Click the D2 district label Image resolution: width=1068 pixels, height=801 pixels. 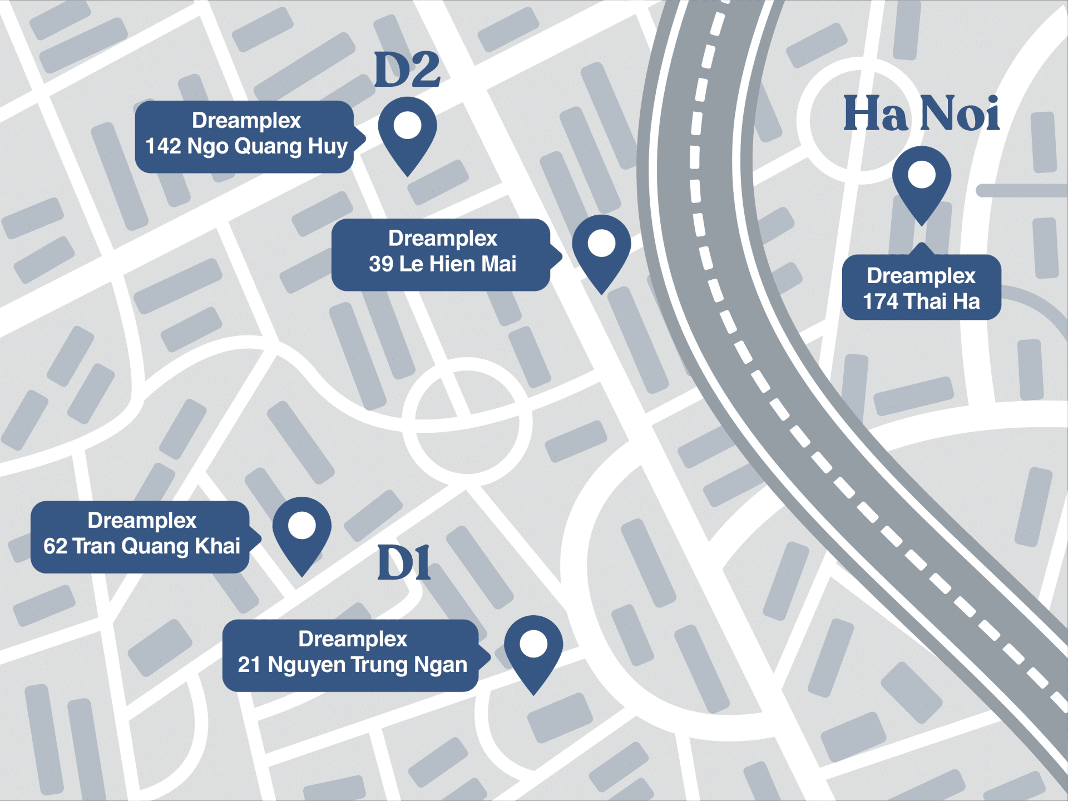click(x=407, y=70)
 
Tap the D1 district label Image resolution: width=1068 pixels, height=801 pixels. click(x=404, y=563)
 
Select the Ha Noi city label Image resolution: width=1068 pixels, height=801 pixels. click(x=921, y=113)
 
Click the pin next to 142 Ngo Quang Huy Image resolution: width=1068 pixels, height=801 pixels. click(x=407, y=133)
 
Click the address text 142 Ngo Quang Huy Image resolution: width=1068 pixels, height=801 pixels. click(x=246, y=146)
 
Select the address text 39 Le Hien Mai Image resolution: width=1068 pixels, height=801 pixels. click(x=443, y=264)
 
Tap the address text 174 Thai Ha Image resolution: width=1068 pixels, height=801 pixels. click(x=921, y=301)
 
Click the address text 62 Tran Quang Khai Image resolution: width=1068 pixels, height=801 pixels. click(x=142, y=546)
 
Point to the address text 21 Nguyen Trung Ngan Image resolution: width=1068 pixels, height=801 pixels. click(x=352, y=665)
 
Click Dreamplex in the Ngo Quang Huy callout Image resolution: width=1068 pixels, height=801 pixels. click(x=246, y=121)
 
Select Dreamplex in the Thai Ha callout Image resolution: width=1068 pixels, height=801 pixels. click(x=921, y=276)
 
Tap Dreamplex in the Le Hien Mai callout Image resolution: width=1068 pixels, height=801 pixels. click(x=443, y=238)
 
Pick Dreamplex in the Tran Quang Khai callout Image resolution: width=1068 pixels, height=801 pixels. click(x=142, y=521)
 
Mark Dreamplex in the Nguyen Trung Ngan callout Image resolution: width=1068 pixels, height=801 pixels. click(x=352, y=639)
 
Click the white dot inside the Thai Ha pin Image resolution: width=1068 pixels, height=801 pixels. click(x=921, y=175)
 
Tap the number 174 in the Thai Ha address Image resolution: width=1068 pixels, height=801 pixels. click(x=880, y=301)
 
